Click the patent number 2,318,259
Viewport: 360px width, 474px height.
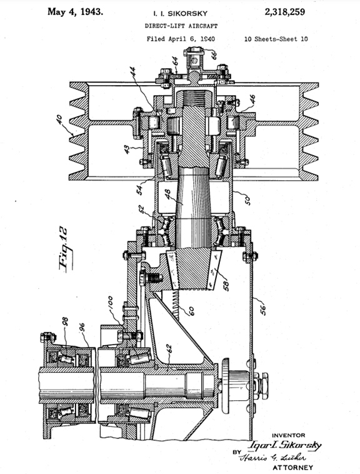pyautogui.click(x=284, y=13)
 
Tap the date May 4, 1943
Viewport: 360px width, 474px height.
pyautogui.click(x=75, y=12)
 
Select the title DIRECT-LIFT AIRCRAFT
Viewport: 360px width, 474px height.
pyautogui.click(x=181, y=26)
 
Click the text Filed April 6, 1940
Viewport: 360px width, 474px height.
pyautogui.click(x=181, y=39)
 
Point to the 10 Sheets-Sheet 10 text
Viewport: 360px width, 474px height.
pyautogui.click(x=276, y=39)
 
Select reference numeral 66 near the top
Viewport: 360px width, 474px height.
pyautogui.click(x=214, y=55)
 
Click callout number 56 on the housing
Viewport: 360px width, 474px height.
pyautogui.click(x=263, y=309)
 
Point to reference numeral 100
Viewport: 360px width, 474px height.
pyautogui.click(x=110, y=303)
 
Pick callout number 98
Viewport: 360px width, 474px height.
pyautogui.click(x=65, y=321)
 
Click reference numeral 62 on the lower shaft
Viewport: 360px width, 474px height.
pyautogui.click(x=169, y=350)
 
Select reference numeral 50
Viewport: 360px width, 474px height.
pyautogui.click(x=247, y=201)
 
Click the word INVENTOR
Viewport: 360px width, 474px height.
pyautogui.click(x=288, y=435)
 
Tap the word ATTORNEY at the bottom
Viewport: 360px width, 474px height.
pyautogui.click(x=293, y=467)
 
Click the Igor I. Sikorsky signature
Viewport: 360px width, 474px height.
pyautogui.click(x=285, y=445)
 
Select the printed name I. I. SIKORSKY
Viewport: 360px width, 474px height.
pyautogui.click(x=181, y=14)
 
